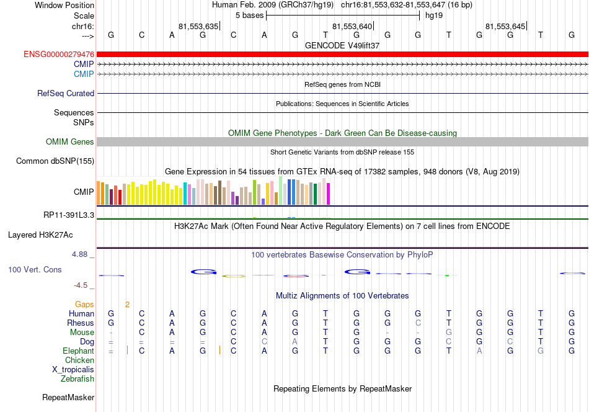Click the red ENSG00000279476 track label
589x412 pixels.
pyautogui.click(x=59, y=55)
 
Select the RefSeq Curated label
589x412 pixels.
pyautogui.click(x=66, y=93)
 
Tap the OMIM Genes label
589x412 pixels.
pyautogui.click(x=70, y=141)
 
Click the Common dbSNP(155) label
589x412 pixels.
pyautogui.click(x=55, y=161)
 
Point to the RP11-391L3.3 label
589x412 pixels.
pyautogui.click(x=69, y=215)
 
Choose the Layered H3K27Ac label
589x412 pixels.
pyautogui.click(x=40, y=235)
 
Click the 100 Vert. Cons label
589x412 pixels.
pyautogui.click(x=35, y=269)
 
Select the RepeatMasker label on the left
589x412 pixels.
pyautogui.click(x=68, y=397)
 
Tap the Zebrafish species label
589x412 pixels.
pyautogui.click(x=77, y=378)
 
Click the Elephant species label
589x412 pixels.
pyautogui.click(x=78, y=351)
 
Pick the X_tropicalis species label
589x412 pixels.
pyautogui.click(x=73, y=370)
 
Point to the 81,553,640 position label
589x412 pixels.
pyautogui.click(x=352, y=26)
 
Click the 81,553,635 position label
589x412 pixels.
pyautogui.click(x=198, y=26)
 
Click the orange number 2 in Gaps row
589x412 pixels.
pyautogui.click(x=127, y=305)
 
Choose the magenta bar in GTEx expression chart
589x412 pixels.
pyautogui.click(x=329, y=194)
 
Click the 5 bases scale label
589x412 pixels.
pyautogui.click(x=249, y=16)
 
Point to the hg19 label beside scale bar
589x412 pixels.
pyautogui.click(x=434, y=16)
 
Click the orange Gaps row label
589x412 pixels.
pyautogui.click(x=84, y=304)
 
